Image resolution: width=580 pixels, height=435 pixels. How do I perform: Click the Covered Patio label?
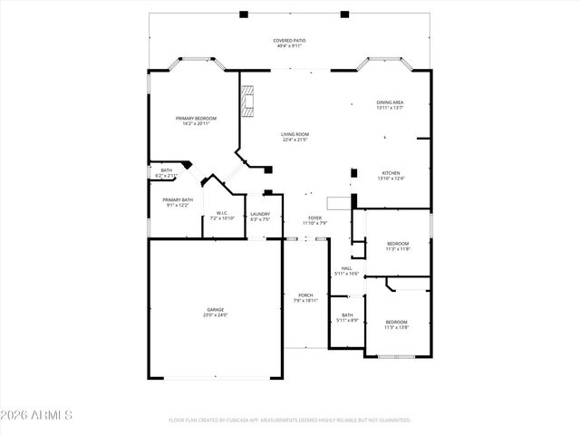tap(289, 42)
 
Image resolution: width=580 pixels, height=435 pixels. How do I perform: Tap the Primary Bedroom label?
tap(196, 119)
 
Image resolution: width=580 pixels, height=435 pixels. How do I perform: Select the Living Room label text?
tap(295, 134)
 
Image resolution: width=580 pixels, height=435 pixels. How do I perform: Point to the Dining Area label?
tap(390, 102)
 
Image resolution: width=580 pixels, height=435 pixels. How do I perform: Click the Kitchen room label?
tap(391, 173)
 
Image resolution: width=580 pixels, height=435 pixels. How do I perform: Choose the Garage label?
tap(215, 310)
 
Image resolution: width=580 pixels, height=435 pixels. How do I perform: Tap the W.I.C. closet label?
tap(222, 214)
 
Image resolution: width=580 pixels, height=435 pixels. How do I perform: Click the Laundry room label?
tap(260, 214)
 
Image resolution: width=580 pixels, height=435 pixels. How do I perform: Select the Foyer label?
tap(314, 218)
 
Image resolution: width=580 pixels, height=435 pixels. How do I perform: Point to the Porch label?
tap(305, 295)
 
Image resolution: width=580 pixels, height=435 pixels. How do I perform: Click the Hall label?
tap(346, 268)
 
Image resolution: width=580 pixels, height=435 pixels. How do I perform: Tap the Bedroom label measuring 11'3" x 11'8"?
tap(398, 243)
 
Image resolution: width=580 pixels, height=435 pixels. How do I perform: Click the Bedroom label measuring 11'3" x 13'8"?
tap(396, 322)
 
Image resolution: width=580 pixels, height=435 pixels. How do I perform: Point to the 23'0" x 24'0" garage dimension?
tap(215, 314)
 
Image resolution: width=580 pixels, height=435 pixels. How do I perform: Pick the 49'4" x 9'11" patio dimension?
tap(289, 47)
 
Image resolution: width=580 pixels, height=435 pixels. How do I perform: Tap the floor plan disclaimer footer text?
tap(289, 420)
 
